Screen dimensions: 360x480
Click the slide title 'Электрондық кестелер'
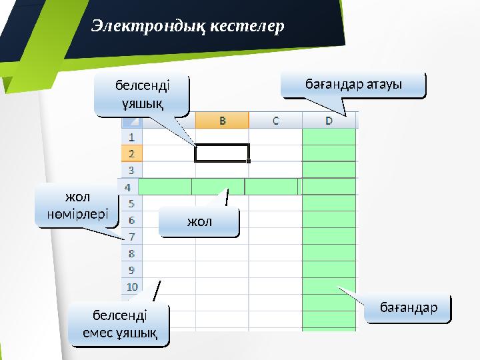coord(187,26)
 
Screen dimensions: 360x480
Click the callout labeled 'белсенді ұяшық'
coord(141,95)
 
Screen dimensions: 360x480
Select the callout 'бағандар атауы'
coord(353,85)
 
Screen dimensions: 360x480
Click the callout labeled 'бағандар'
coord(408,307)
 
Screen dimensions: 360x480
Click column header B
coord(222,121)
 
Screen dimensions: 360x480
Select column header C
coord(275,121)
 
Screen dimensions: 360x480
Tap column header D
coord(329,121)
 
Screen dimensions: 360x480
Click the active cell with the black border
coord(222,153)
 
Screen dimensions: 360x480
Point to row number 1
coord(131,137)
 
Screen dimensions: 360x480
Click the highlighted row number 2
coord(131,153)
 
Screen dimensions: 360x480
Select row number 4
coord(127,187)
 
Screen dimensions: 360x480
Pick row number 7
coord(131,237)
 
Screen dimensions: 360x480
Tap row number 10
coord(131,287)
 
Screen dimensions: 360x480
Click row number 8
coord(131,253)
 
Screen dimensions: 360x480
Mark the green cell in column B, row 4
coord(218,187)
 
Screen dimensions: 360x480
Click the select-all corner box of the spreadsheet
coord(131,121)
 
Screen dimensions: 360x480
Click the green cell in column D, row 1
coord(329,137)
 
